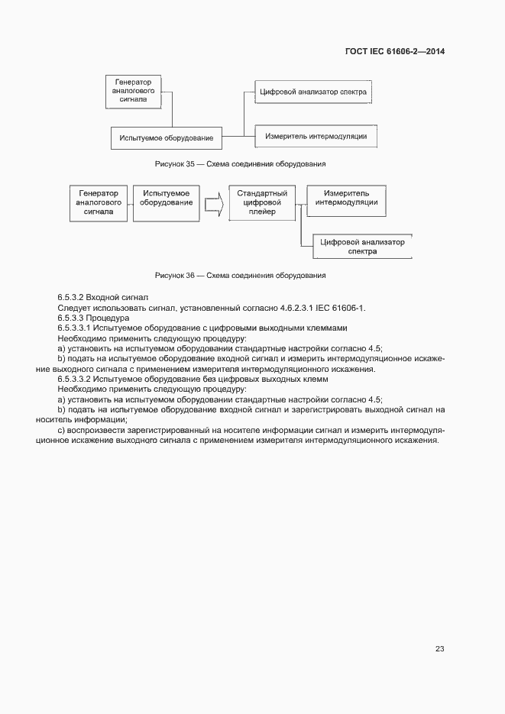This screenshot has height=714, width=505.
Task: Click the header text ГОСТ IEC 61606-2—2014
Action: (x=396, y=52)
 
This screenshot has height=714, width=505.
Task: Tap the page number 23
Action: (x=439, y=648)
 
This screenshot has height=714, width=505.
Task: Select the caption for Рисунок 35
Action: (x=240, y=163)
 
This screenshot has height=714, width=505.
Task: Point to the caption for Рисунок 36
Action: (x=240, y=274)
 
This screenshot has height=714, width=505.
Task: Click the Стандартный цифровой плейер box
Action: (x=261, y=203)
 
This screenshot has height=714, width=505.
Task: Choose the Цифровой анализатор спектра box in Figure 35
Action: (x=313, y=92)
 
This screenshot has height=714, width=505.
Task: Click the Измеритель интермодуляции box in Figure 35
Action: (x=316, y=136)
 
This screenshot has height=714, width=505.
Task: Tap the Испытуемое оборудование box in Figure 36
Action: (x=166, y=203)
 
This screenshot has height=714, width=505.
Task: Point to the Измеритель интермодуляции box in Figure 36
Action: (x=346, y=199)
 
